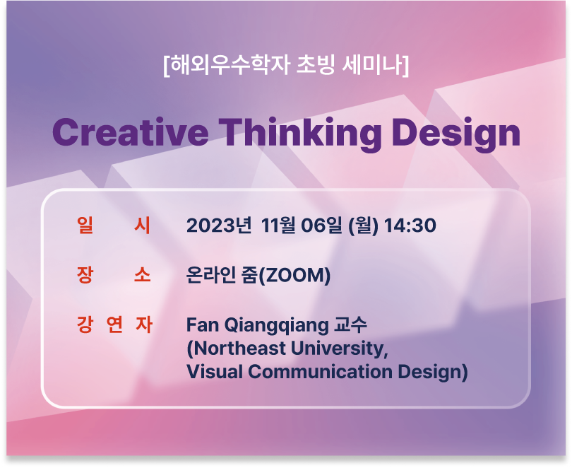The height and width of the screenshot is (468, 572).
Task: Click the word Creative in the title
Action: (130, 132)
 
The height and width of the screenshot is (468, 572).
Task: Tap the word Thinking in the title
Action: (300, 134)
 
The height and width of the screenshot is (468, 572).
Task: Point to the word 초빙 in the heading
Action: (316, 65)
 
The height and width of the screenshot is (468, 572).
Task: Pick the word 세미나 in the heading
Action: (372, 65)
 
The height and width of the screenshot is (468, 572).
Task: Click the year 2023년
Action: (218, 225)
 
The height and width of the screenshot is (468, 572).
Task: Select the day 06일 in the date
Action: (322, 225)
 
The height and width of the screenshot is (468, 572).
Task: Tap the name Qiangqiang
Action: (276, 326)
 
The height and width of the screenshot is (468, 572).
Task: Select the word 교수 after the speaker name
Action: (350, 324)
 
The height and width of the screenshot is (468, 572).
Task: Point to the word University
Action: (340, 349)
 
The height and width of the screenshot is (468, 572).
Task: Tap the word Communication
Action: (320, 372)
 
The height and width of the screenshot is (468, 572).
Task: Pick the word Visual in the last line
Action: (215, 372)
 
